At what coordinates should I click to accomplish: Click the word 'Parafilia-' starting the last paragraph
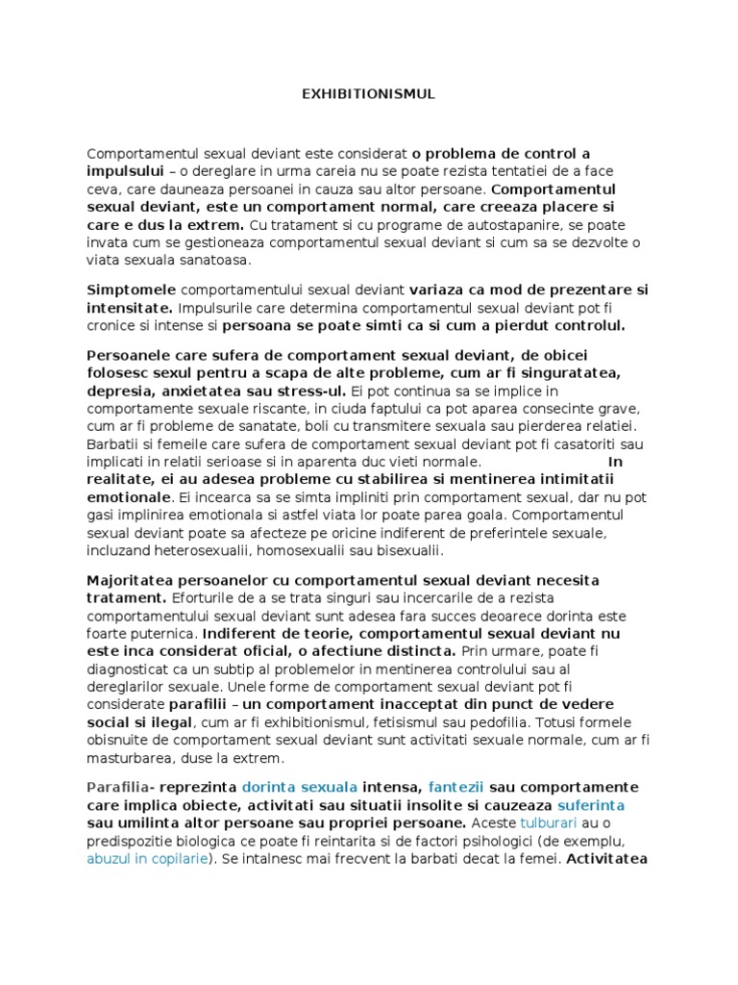(x=122, y=787)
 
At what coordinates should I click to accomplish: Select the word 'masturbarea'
(x=131, y=758)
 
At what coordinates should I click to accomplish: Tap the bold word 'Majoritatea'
(x=133, y=581)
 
